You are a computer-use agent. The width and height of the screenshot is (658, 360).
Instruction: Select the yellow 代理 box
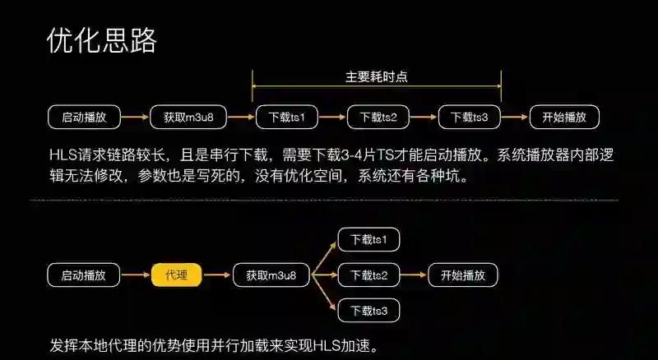[177, 275]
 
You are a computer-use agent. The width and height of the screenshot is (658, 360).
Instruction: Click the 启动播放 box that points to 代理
[83, 275]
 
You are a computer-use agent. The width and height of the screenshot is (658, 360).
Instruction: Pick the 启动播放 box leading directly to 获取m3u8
[83, 117]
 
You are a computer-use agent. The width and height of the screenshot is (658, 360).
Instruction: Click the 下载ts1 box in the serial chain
[286, 117]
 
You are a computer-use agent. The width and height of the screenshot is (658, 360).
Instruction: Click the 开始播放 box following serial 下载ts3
[564, 117]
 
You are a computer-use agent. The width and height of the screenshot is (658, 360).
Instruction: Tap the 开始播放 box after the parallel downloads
[463, 275]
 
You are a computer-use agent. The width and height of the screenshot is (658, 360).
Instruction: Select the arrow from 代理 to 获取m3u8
[217, 275]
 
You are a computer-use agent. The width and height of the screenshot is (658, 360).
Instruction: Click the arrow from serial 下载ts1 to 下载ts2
[332, 117]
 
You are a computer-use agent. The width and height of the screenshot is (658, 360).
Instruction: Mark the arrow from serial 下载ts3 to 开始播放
[515, 117]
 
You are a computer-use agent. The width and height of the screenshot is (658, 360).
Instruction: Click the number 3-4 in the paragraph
[357, 154]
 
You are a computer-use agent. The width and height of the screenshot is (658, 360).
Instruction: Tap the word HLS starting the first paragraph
[64, 154]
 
